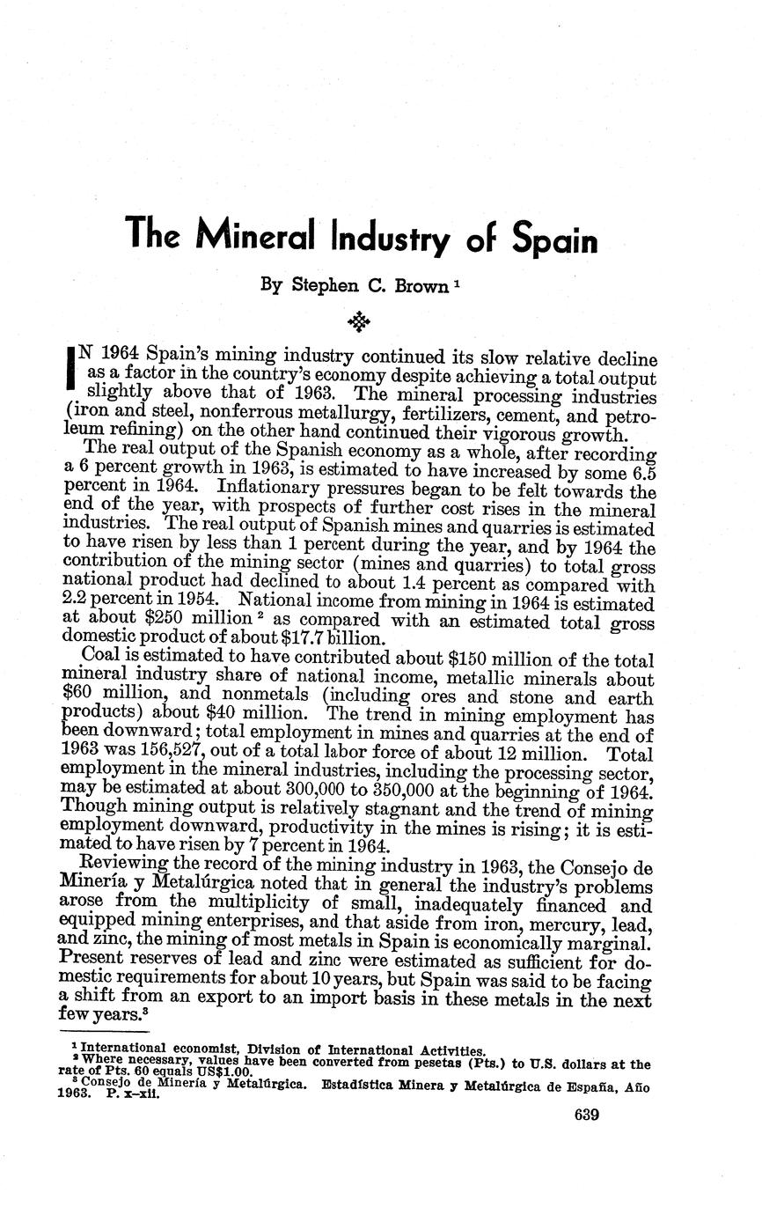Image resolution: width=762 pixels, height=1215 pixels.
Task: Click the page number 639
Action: (x=586, y=1116)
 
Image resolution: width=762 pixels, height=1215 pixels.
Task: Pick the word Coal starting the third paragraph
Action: (x=99, y=657)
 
